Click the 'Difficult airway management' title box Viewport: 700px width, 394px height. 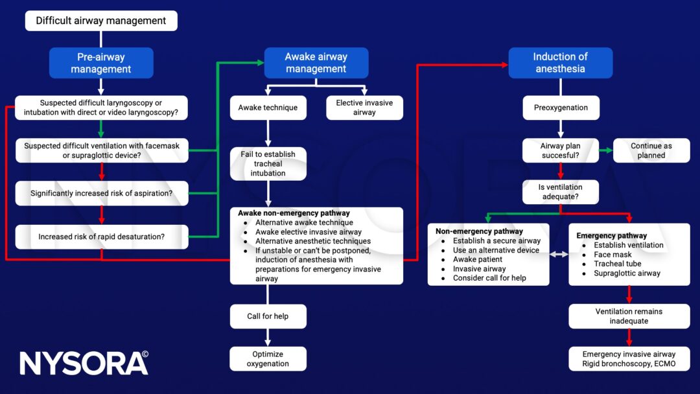[x=101, y=21]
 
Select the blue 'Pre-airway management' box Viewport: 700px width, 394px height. [x=101, y=63]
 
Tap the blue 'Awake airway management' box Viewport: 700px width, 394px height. [x=316, y=63]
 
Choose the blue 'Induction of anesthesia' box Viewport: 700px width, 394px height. [x=560, y=63]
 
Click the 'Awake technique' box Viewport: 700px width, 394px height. [x=268, y=108]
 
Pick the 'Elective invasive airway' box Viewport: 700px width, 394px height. [x=364, y=108]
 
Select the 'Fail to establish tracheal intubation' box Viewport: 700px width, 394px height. [x=268, y=164]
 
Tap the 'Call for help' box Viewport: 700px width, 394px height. [x=268, y=316]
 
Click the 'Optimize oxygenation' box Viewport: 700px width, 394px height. [x=268, y=358]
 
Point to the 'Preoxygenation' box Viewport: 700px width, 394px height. [x=561, y=108]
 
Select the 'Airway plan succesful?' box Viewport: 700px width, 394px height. [x=561, y=150]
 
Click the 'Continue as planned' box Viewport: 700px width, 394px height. [x=651, y=150]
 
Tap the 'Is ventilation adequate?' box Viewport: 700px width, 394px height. [x=561, y=192]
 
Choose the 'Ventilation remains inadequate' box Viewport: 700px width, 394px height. [x=629, y=316]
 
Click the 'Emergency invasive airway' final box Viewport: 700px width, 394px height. [x=629, y=358]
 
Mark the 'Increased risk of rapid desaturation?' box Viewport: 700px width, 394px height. [x=102, y=237]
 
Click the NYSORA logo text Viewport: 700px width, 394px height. [x=84, y=363]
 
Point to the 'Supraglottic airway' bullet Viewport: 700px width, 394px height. [x=627, y=273]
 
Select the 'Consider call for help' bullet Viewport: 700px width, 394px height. [x=489, y=278]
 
